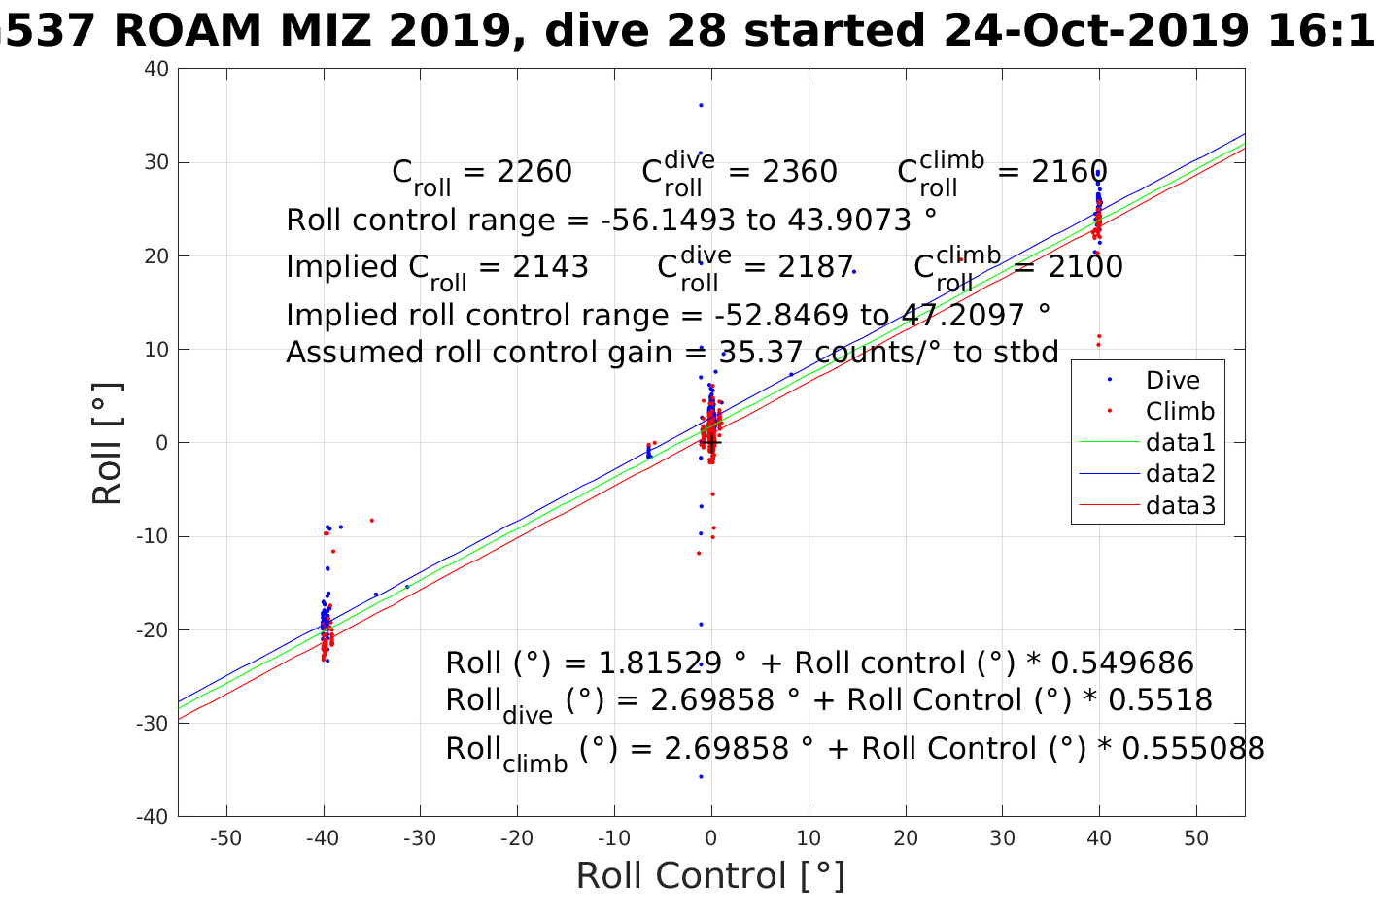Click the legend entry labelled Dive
click(x=1172, y=381)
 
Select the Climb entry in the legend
click(x=1180, y=412)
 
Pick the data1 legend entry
click(x=1180, y=443)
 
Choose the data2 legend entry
click(x=1180, y=474)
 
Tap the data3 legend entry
click(x=1180, y=505)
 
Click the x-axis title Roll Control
click(x=710, y=876)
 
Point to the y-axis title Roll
click(x=107, y=443)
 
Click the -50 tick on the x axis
click(x=225, y=838)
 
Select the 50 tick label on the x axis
click(x=1196, y=838)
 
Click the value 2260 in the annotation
click(x=534, y=172)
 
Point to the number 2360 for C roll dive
click(x=799, y=172)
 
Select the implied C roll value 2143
click(x=551, y=267)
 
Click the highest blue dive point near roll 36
click(x=701, y=105)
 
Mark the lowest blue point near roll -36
click(x=701, y=777)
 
